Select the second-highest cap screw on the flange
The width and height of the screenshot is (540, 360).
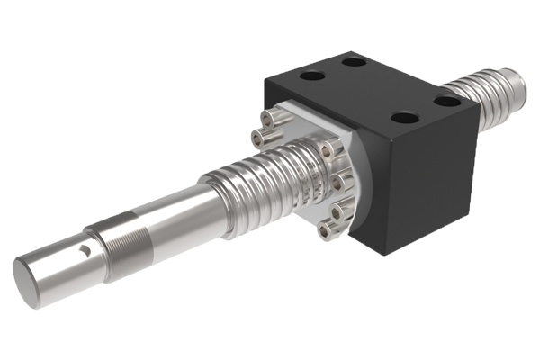(x=261, y=137)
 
